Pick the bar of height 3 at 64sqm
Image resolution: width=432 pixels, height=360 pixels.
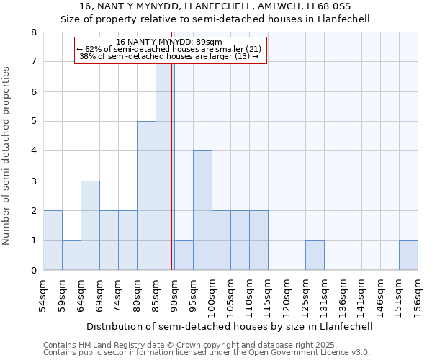coord(90,225)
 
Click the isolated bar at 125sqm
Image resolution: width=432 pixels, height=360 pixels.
coord(315,256)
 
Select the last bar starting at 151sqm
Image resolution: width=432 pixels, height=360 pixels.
coord(408,256)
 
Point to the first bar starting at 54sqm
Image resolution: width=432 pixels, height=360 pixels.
coord(53,240)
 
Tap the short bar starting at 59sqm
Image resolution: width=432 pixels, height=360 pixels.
coord(71,256)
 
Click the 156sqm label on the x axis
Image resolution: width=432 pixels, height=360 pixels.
coord(418,294)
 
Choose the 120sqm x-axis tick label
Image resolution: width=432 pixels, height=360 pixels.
coord(287,294)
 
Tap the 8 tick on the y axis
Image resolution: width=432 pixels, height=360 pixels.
coord(33,32)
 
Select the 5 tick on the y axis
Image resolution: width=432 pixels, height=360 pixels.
coord(33,122)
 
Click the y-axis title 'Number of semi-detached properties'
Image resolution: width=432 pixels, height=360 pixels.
coord(7,156)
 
